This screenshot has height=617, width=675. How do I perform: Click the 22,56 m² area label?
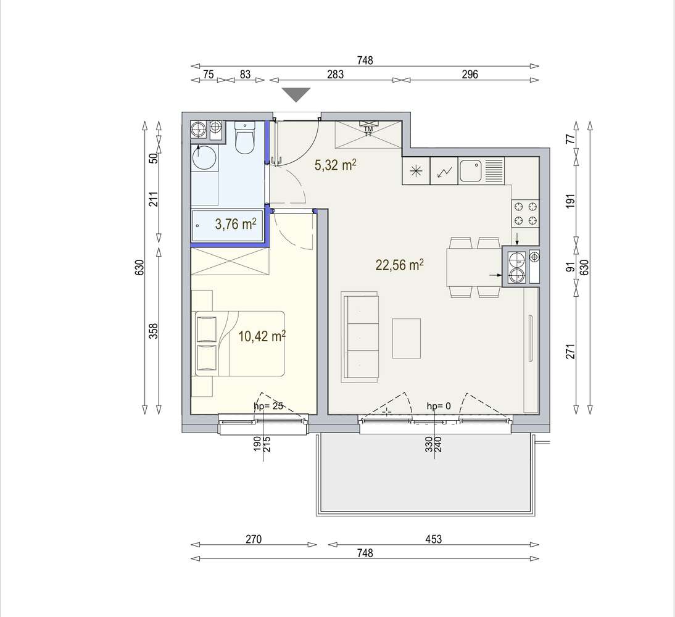[399, 265]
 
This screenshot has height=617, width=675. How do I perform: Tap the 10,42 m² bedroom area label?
[262, 336]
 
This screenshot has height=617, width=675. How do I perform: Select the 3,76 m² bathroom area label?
[235, 224]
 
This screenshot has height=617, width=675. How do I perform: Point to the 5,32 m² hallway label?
[336, 165]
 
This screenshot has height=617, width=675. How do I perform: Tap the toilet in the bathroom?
[245, 139]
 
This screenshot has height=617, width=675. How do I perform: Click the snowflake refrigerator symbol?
[415, 171]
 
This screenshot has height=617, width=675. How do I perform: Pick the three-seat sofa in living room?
[360, 337]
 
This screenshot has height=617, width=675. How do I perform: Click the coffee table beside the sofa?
[407, 338]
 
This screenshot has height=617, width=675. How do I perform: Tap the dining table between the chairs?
[474, 267]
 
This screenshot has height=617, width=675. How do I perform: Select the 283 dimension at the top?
[335, 75]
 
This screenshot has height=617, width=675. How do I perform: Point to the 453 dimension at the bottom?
[434, 539]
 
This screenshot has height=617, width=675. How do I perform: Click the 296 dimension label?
[470, 75]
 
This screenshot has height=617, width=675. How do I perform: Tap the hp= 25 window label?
[268, 406]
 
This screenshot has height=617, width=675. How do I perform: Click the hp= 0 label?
[439, 406]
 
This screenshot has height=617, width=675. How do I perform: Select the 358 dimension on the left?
[154, 332]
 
